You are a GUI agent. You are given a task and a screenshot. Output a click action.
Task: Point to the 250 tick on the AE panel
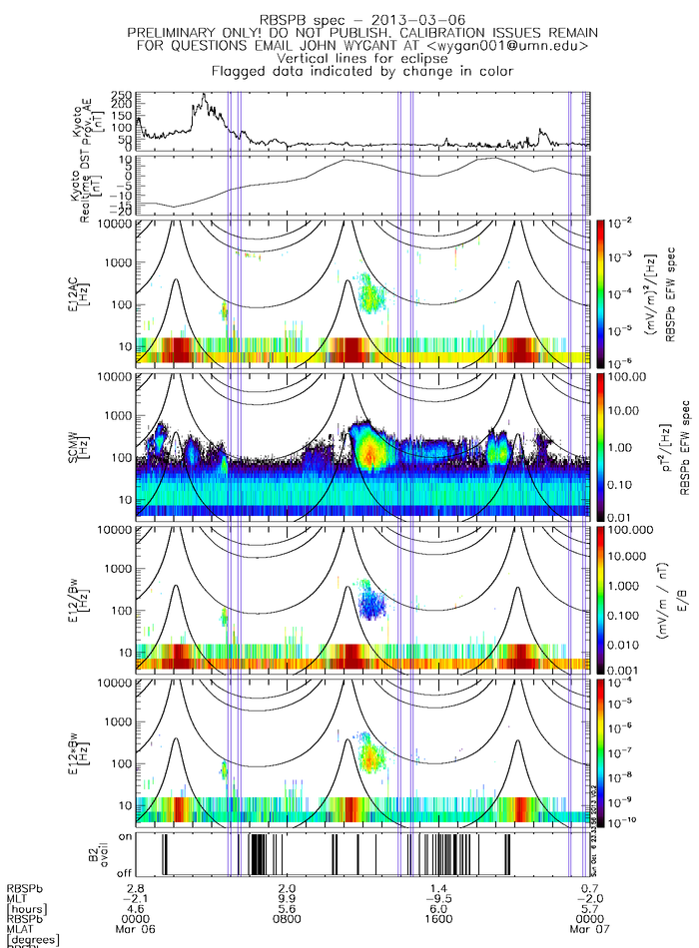(121, 94)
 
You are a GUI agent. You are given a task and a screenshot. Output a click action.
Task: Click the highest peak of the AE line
(204, 95)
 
